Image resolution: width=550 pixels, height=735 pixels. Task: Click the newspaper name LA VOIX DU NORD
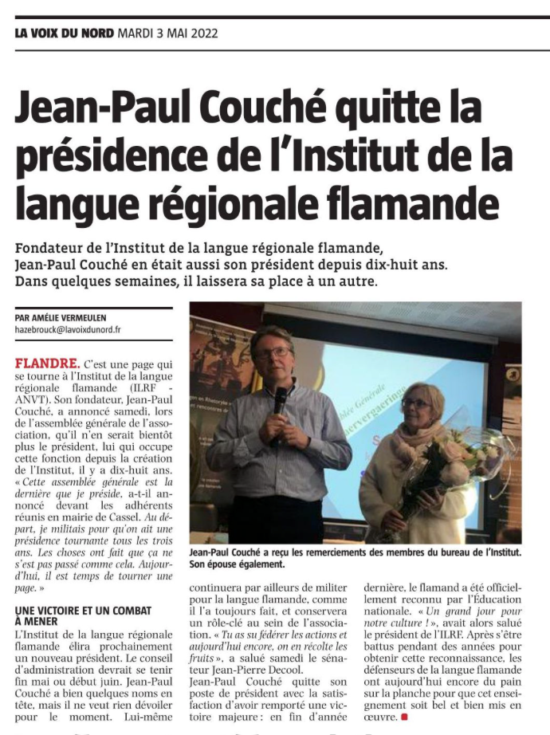pyautogui.click(x=65, y=33)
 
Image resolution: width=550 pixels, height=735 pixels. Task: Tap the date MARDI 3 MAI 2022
pyautogui.click(x=167, y=33)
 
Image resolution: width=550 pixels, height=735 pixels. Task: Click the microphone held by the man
pyautogui.click(x=280, y=399)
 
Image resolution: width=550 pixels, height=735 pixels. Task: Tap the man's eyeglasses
pyautogui.click(x=273, y=352)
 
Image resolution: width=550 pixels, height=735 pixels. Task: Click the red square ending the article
pyautogui.click(x=404, y=717)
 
